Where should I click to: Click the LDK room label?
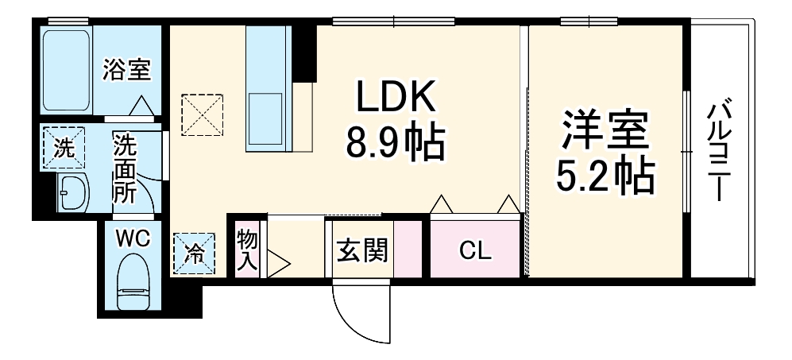click(395, 98)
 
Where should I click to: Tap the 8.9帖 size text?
click(395, 143)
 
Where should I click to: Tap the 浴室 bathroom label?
click(126, 70)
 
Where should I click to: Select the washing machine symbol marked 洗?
click(63, 147)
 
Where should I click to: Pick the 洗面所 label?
click(124, 168)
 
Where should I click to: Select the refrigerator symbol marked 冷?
click(193, 253)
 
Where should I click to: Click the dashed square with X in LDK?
click(202, 114)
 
